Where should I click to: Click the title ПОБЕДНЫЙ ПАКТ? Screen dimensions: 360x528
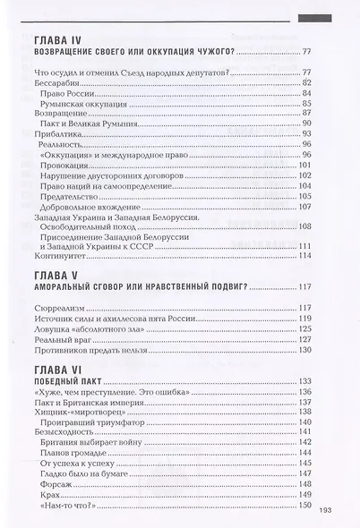[x=68, y=381]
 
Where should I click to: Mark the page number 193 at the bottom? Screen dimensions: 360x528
[x=326, y=513]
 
